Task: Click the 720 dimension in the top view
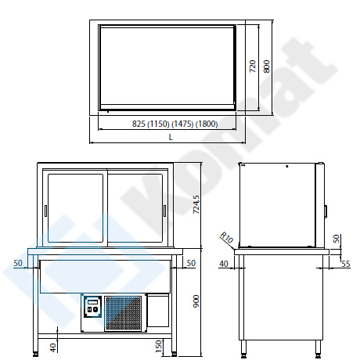[x=253, y=67]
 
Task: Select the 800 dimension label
[x=267, y=67]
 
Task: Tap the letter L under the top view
[x=171, y=137]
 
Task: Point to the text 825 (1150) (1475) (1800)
[x=175, y=124]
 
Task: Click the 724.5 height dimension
[x=196, y=204]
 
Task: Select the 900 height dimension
[x=196, y=301]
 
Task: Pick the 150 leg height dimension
[x=158, y=346]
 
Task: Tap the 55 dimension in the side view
[x=346, y=264]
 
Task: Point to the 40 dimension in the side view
[x=224, y=264]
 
